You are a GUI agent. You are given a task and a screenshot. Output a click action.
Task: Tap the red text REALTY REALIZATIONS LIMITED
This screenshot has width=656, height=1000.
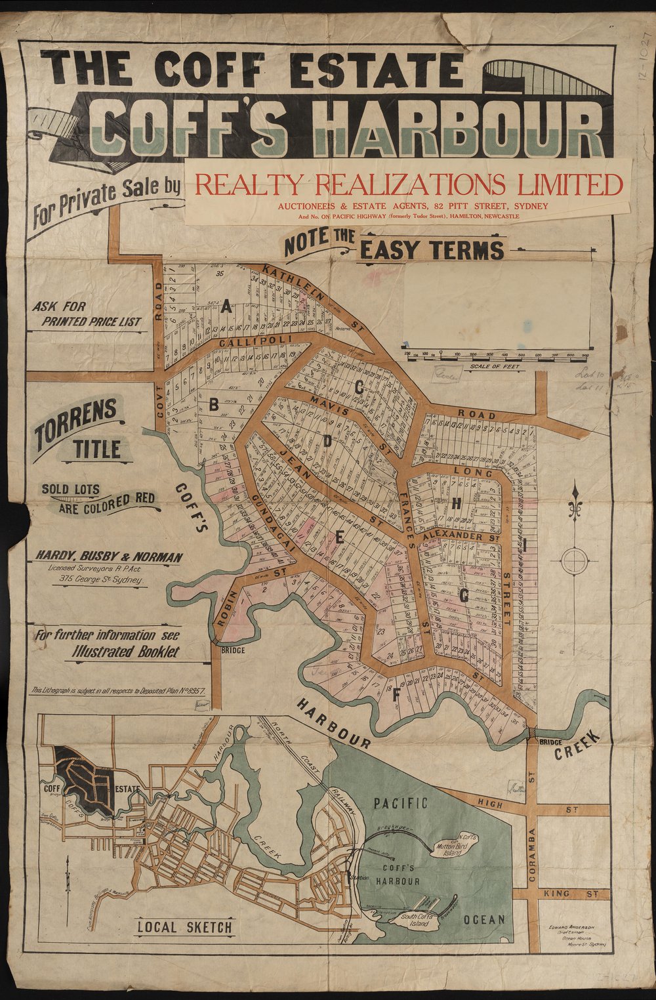tap(409, 184)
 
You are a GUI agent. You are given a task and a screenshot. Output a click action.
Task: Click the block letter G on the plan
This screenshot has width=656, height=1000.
tap(464, 596)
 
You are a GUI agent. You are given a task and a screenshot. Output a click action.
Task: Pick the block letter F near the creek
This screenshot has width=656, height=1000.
tap(395, 697)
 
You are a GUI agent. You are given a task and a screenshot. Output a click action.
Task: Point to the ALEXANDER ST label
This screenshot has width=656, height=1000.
tap(459, 537)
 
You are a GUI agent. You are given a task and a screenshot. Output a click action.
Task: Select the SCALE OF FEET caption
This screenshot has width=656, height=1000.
tap(495, 366)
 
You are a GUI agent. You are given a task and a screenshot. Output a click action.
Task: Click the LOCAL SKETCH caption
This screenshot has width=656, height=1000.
tap(184, 927)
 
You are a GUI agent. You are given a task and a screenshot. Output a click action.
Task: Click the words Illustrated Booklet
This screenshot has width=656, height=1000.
tap(125, 652)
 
